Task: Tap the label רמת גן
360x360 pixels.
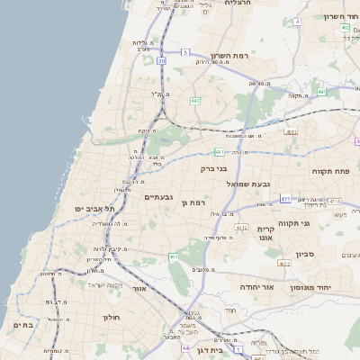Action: point(194,203)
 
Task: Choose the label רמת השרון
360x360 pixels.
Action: point(229,56)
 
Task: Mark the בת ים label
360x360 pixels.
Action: point(22,325)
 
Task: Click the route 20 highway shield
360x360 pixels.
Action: point(161,61)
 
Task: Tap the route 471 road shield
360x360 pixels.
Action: point(285,199)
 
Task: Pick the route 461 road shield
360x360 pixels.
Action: point(174,257)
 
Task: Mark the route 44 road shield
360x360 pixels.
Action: point(184,347)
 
